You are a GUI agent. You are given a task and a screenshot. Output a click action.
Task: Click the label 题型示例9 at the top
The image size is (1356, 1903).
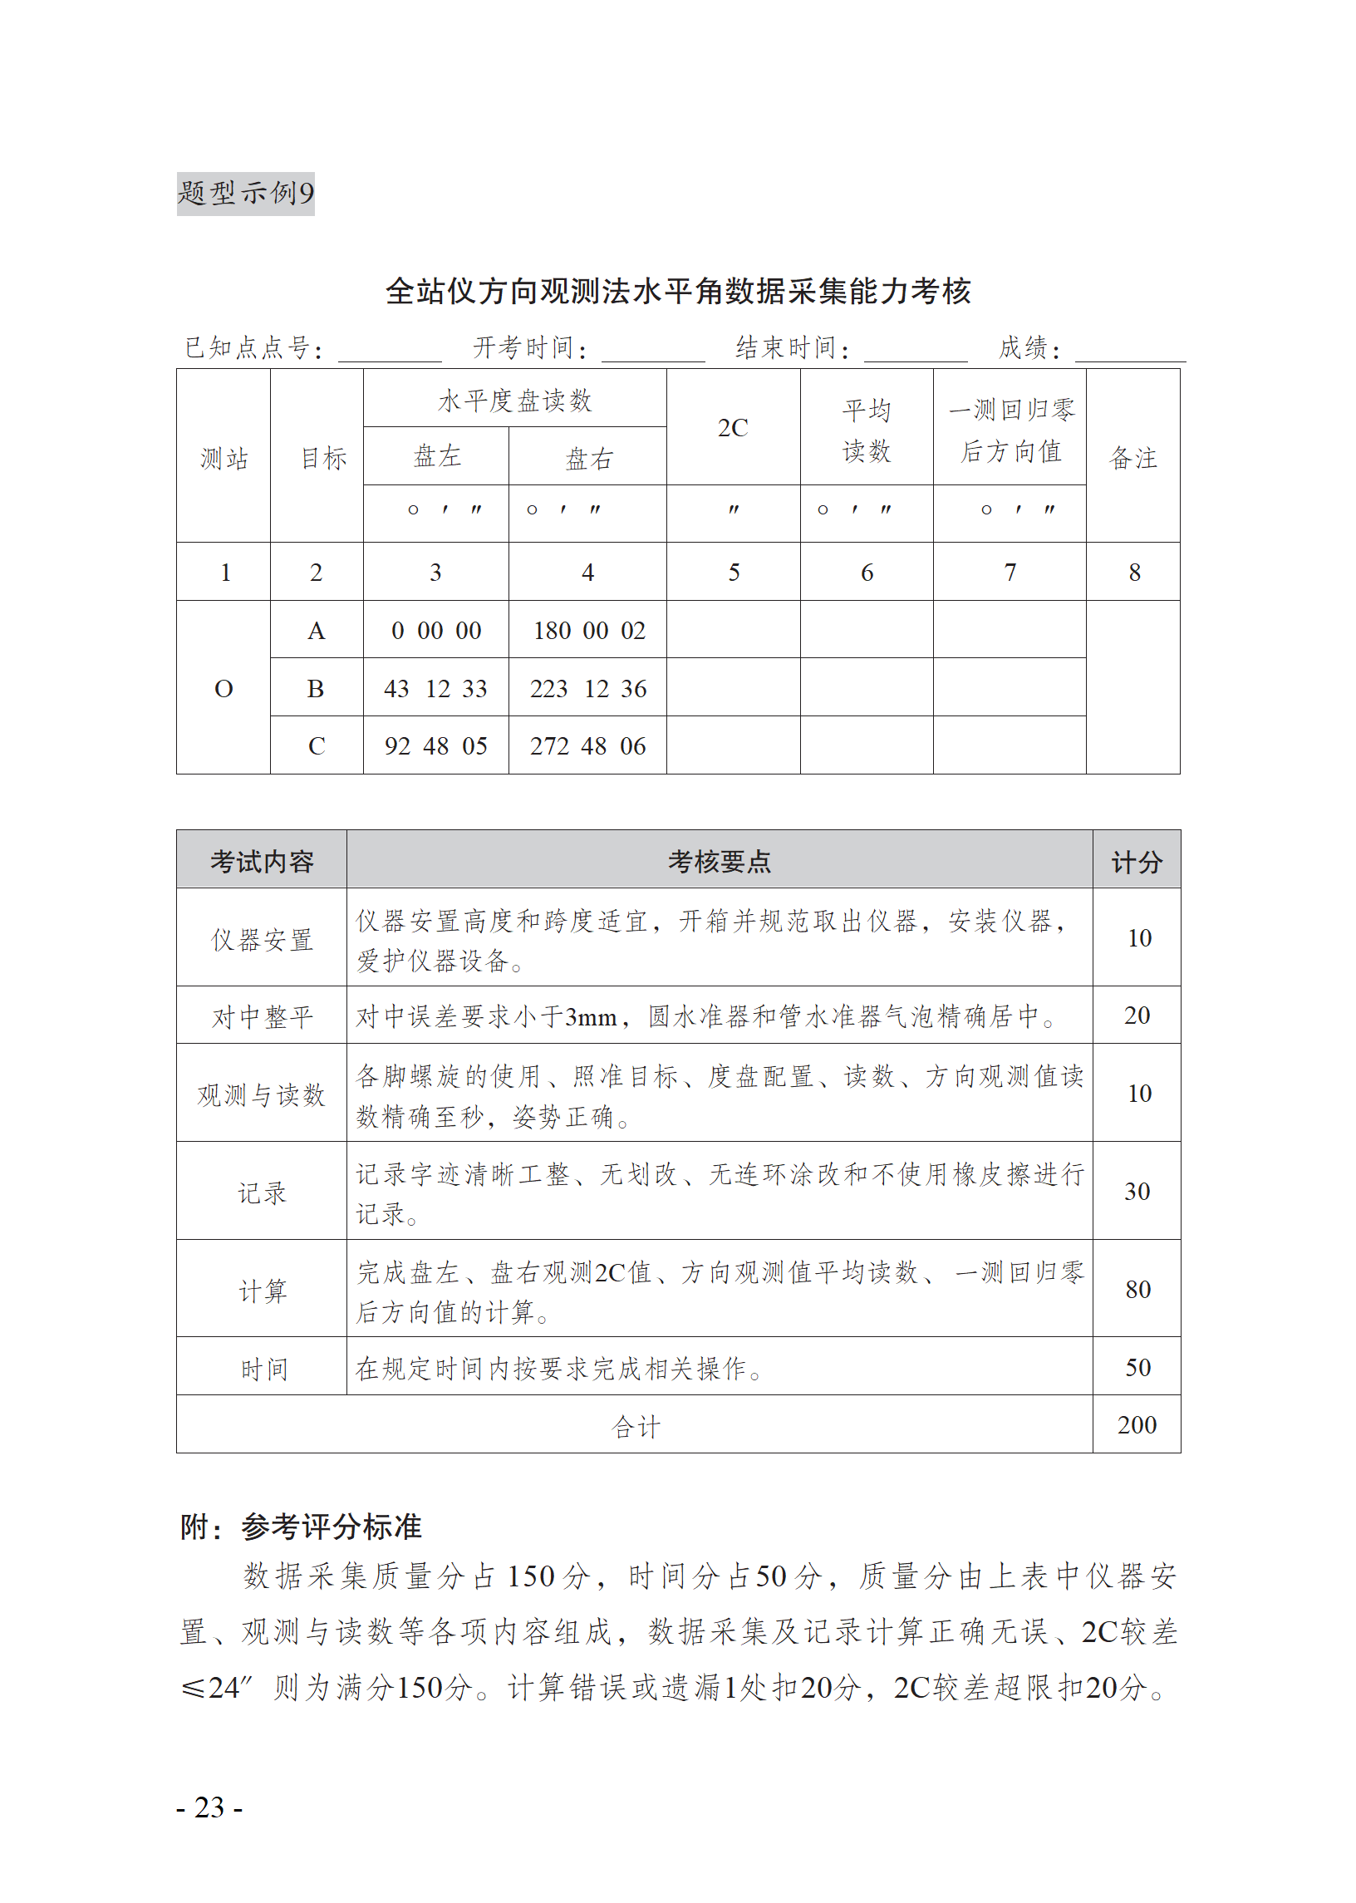point(245,194)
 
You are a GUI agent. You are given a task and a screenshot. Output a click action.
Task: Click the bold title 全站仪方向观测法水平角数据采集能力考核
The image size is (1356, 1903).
point(677,292)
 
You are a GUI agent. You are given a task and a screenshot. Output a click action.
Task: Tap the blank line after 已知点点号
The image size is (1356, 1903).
point(389,351)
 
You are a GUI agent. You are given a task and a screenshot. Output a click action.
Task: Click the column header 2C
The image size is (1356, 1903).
point(732,428)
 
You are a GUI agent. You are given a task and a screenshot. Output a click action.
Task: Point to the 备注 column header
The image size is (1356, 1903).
point(1132,458)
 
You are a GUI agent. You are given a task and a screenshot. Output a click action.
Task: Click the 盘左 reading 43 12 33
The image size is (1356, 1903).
point(435,689)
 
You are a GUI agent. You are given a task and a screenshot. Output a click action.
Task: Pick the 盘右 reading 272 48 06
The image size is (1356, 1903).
point(587,746)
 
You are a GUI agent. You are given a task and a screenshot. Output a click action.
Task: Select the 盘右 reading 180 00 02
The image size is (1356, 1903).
point(588,632)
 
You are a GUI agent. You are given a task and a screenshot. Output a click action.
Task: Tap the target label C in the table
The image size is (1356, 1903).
point(317,746)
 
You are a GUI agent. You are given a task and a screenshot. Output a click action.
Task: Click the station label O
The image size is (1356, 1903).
point(224,689)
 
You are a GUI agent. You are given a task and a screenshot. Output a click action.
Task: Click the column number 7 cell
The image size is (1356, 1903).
point(1010,573)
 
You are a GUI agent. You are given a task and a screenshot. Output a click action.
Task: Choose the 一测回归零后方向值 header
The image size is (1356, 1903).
point(1010,430)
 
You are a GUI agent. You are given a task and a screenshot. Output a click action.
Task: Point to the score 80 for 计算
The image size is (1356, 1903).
point(1137,1290)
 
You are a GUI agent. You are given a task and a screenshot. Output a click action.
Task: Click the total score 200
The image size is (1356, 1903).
point(1137,1425)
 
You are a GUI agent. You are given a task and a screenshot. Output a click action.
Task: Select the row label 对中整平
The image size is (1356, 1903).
point(263,1017)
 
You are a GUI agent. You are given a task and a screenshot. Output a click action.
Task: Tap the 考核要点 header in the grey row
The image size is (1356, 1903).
point(719,862)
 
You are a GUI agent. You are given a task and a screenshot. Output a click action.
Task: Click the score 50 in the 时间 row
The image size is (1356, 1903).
point(1137,1368)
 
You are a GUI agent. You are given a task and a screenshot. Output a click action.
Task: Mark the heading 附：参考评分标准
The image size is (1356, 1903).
point(301,1527)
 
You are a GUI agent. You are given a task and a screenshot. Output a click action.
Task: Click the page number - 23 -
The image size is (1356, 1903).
point(209,1807)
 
